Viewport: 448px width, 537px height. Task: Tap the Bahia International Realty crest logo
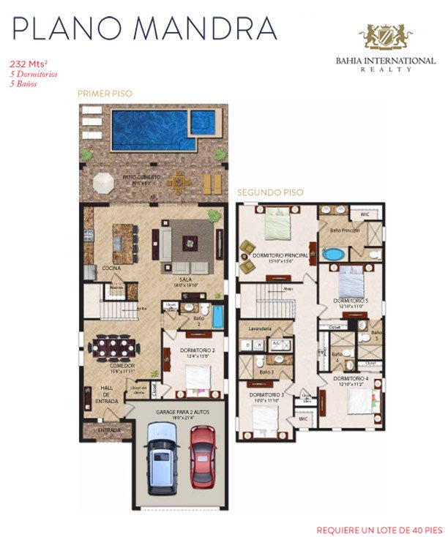(x=385, y=36)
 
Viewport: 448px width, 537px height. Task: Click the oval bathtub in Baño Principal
(x=333, y=255)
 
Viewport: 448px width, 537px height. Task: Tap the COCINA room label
(x=111, y=268)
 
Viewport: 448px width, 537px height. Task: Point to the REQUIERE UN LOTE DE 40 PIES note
(x=379, y=528)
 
